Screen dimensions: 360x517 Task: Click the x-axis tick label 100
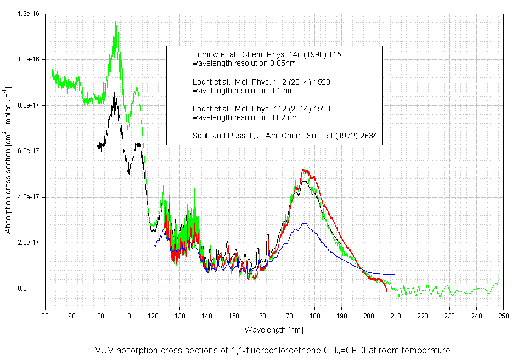[99, 316]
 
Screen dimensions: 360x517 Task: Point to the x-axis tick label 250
[503, 316]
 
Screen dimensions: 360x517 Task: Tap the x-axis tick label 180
[314, 316]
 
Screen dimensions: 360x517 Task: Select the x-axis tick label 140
[207, 316]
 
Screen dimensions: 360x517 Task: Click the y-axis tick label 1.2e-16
[29, 13]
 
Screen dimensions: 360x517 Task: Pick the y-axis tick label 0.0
[34, 289]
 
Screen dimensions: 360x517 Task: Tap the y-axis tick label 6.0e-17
[29, 151]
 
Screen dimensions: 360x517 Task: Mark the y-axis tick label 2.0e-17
[29, 243]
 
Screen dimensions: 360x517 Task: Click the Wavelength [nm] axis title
[274, 330]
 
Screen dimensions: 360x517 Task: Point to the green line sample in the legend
[179, 82]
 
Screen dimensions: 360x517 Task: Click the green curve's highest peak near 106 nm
[115, 22]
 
